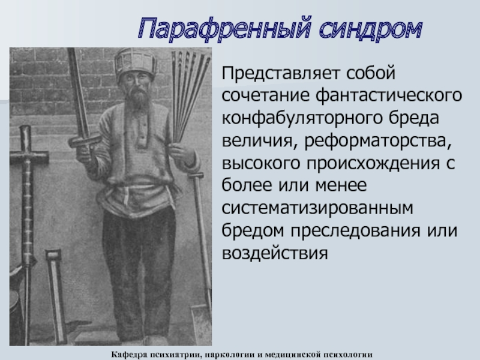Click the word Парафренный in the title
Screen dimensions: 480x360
[225, 28]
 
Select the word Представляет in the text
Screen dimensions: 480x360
[281, 74]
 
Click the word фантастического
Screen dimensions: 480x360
[389, 95]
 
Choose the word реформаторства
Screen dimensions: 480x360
[378, 141]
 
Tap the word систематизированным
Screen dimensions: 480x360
[317, 208]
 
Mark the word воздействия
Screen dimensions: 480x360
[275, 253]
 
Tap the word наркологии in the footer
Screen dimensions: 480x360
[230, 355]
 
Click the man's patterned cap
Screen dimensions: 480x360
[136, 63]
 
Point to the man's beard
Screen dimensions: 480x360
[139, 97]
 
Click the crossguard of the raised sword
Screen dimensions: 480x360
[85, 140]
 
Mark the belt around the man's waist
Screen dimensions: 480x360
[134, 187]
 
